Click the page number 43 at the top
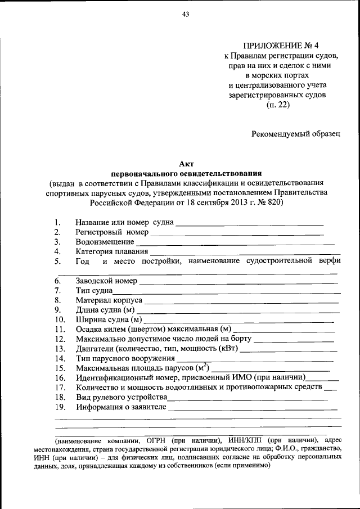coord(184,15)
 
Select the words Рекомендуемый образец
coord(296,133)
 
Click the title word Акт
coord(186,164)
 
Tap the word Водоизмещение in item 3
coord(105,242)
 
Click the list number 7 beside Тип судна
coord(57,291)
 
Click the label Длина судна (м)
coord(105,310)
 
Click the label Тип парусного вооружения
coord(125,358)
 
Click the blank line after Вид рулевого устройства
coord(247,397)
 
